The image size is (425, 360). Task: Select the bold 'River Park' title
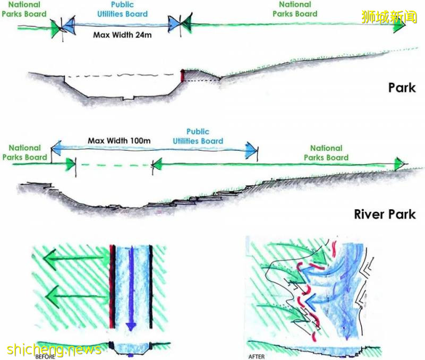[x=385, y=215]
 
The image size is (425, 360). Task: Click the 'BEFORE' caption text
[x=45, y=356]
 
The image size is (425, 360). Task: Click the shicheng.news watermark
[x=54, y=349]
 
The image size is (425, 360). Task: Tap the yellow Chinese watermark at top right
[x=389, y=17]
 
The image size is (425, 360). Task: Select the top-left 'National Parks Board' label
[x=24, y=9]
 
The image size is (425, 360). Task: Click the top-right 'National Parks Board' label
[x=295, y=9]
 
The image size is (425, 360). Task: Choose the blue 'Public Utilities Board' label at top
[x=122, y=9]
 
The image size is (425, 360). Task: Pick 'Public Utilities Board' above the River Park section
[x=198, y=136]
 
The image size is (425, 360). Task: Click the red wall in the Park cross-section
[x=182, y=75]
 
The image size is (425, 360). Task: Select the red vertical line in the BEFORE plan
[x=112, y=287]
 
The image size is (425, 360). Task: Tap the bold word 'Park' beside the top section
[x=401, y=87]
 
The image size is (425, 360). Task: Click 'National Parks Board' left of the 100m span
[x=24, y=152]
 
